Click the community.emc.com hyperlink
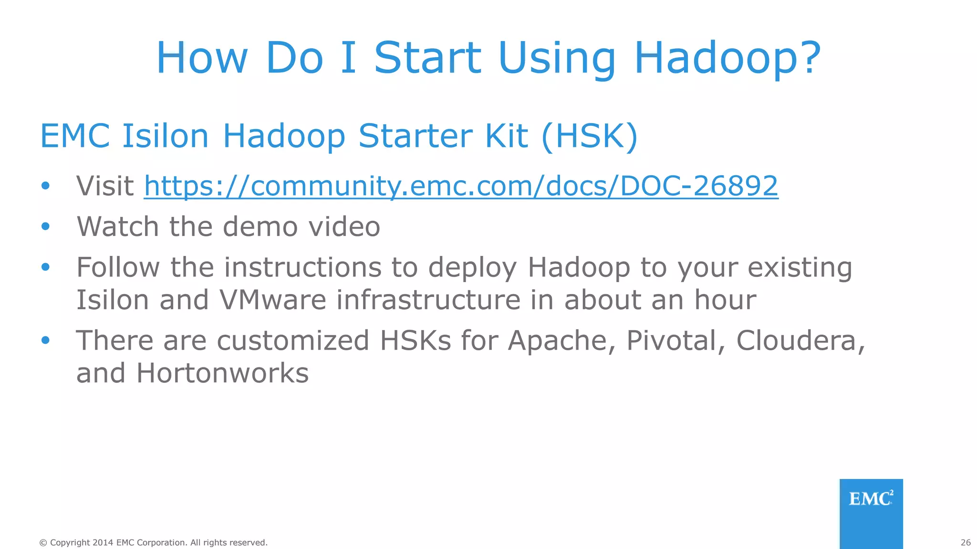point(461,186)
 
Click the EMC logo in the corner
point(871,499)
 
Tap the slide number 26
point(966,542)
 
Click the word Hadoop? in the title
point(727,58)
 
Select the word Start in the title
point(427,58)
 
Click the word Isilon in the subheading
point(165,137)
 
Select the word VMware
point(272,300)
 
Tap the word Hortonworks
point(222,373)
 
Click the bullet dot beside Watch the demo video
point(45,226)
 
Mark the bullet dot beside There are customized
point(45,340)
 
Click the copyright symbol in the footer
point(43,543)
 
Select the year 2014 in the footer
point(103,543)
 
